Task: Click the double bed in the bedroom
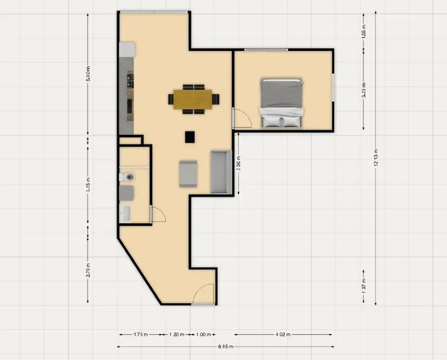tap(282, 102)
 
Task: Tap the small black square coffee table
tap(190, 137)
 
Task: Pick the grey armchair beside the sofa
tap(188, 173)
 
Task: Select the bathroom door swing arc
tap(159, 214)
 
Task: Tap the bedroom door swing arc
tap(241, 118)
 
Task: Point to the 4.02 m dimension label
tap(282, 334)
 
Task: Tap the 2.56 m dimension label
tap(238, 163)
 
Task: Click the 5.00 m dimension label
tap(88, 74)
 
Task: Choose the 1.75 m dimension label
tap(141, 334)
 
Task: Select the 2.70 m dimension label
tap(88, 271)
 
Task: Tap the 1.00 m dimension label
tap(202, 334)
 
